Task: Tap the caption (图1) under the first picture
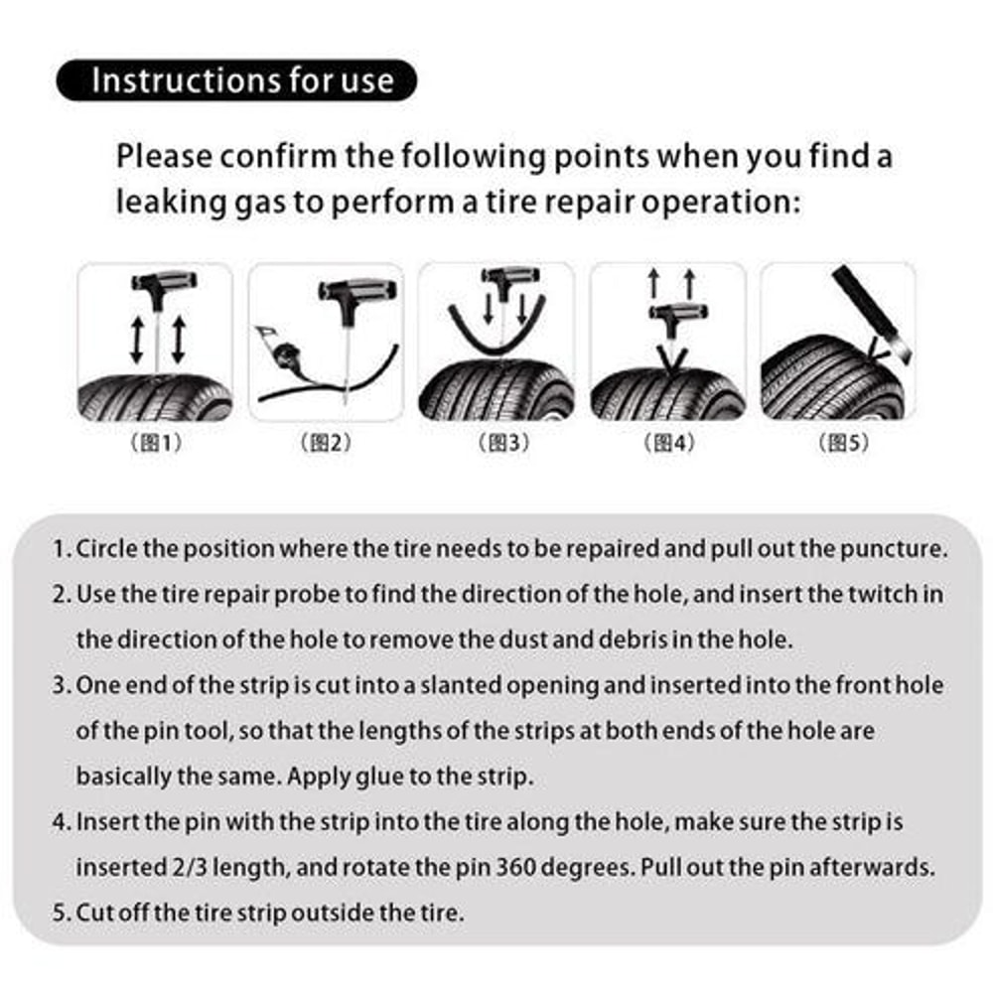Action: click(x=156, y=444)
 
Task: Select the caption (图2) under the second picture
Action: click(x=326, y=444)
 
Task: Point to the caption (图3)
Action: click(x=497, y=444)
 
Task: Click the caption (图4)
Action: click(x=668, y=444)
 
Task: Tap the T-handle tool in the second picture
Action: click(x=356, y=294)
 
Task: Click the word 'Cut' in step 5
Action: click(x=94, y=913)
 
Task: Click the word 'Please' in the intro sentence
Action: click(x=163, y=157)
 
